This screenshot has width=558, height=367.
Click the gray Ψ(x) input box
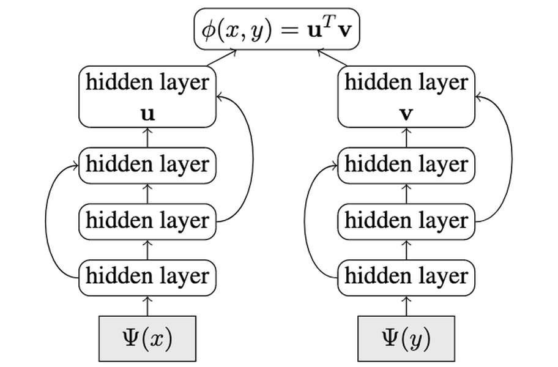click(147, 338)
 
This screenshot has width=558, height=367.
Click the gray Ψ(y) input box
click(406, 338)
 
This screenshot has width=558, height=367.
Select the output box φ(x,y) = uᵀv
click(277, 29)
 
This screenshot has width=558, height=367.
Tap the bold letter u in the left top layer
click(147, 114)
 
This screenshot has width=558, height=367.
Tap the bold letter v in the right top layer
click(406, 114)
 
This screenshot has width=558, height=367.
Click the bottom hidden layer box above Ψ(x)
click(147, 277)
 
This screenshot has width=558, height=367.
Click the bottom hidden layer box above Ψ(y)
click(406, 277)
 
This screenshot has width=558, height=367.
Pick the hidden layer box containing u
click(147, 97)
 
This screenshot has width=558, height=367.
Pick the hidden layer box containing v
click(406, 97)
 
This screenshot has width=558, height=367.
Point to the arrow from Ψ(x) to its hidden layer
click(147, 306)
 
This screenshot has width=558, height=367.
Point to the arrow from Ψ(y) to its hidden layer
click(406, 306)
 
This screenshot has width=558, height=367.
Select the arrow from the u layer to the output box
click(221, 58)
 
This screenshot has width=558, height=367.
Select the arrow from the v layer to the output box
click(332, 58)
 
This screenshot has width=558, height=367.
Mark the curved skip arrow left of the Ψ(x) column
click(45, 220)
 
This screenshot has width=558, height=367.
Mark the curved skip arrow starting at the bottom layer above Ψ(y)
click(305, 220)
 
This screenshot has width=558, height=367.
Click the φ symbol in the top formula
click(208, 31)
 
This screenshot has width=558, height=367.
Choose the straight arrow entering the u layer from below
click(147, 137)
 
